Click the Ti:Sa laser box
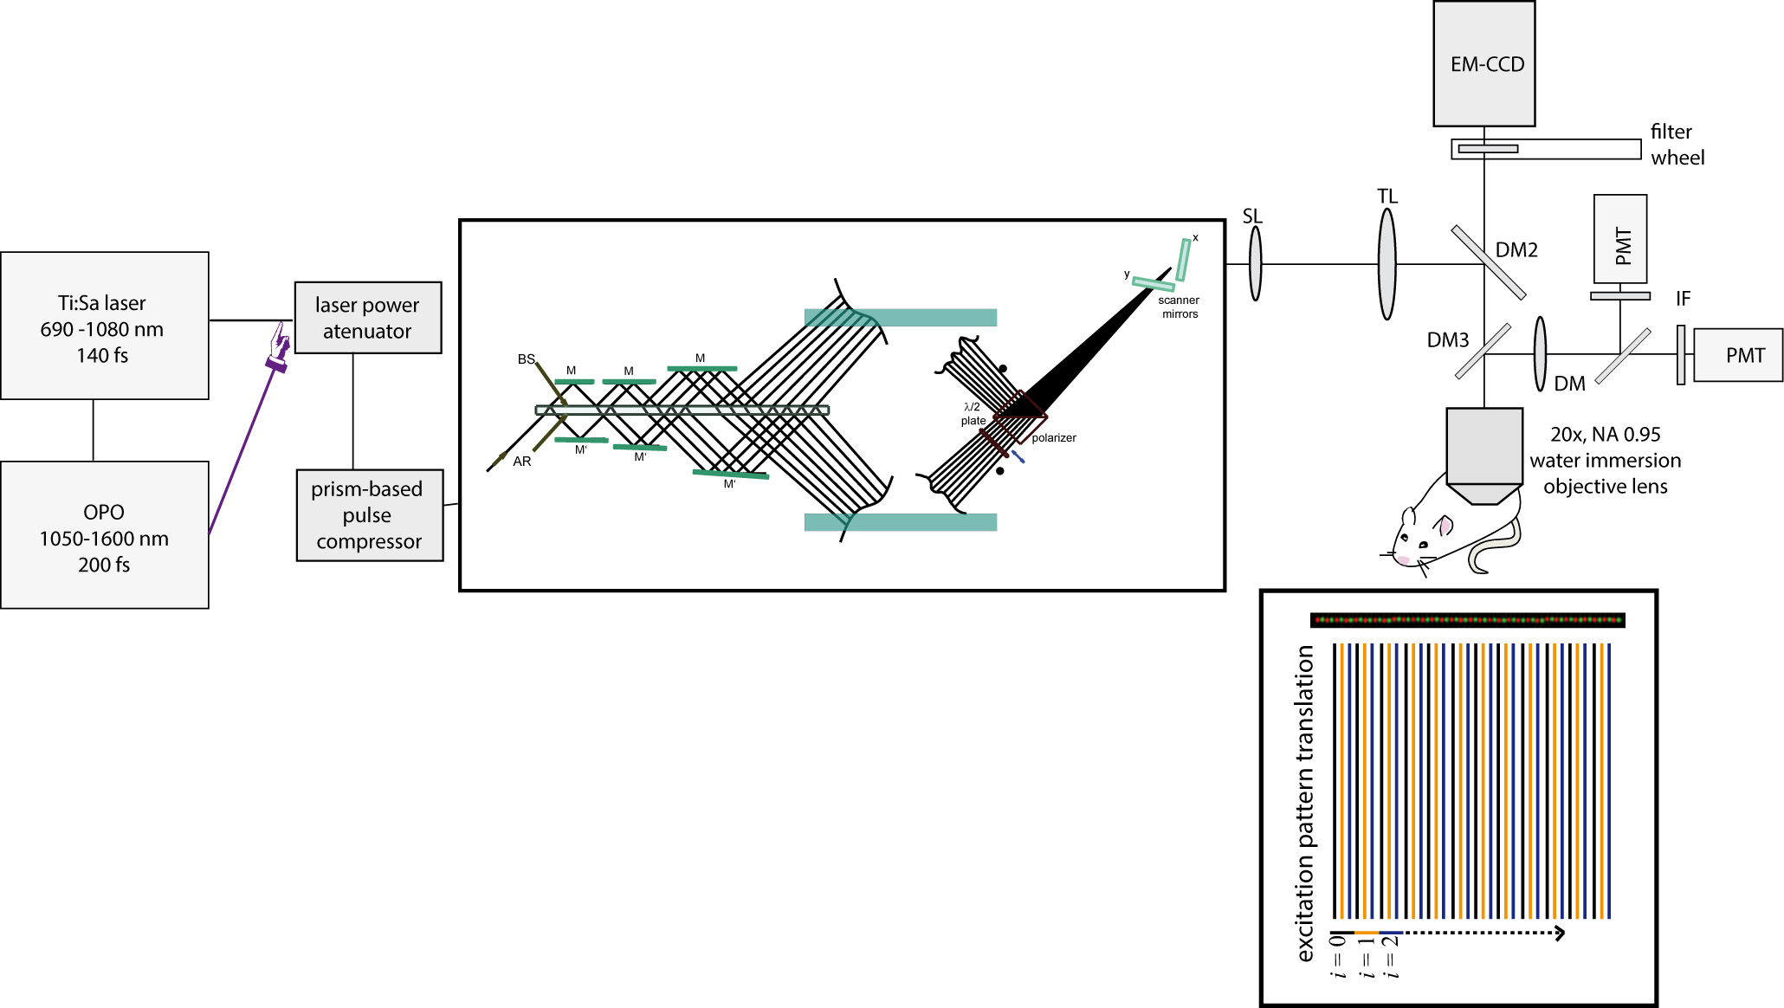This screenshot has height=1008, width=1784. [x=104, y=326]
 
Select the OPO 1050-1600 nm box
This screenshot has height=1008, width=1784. [x=104, y=535]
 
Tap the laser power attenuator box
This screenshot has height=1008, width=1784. [x=368, y=318]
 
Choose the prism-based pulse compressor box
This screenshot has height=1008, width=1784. [x=370, y=515]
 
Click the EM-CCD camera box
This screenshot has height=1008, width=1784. [x=1483, y=64]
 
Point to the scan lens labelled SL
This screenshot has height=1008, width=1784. [x=1255, y=263]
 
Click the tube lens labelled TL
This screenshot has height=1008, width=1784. [x=1386, y=264]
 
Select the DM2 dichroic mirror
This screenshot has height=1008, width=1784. [x=1488, y=262]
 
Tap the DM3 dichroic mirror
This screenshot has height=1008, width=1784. [x=1483, y=351]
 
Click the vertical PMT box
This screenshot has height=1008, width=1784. [x=1619, y=239]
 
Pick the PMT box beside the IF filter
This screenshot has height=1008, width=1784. [x=1738, y=355]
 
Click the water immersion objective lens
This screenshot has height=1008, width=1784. [x=1483, y=455]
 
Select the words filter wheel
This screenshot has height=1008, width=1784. [x=1677, y=145]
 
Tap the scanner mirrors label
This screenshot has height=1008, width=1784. [x=1179, y=307]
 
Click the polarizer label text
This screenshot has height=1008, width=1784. [x=1054, y=438]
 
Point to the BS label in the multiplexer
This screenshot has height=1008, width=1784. [x=526, y=359]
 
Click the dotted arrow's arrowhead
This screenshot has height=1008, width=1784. [x=1560, y=933]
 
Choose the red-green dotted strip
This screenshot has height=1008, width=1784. [x=1467, y=620]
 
